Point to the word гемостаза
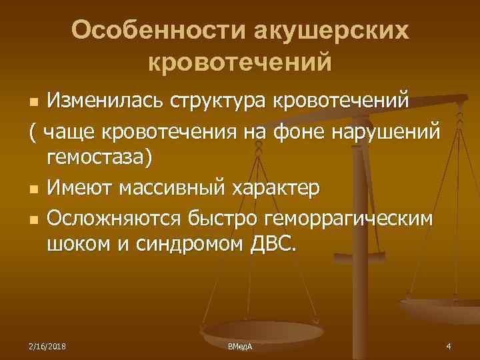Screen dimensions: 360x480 point(100,157)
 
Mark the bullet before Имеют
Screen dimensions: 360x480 point(33,189)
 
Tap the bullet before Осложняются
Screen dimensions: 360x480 point(33,218)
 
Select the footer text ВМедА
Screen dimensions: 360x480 point(239,346)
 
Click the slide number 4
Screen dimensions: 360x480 point(449,346)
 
